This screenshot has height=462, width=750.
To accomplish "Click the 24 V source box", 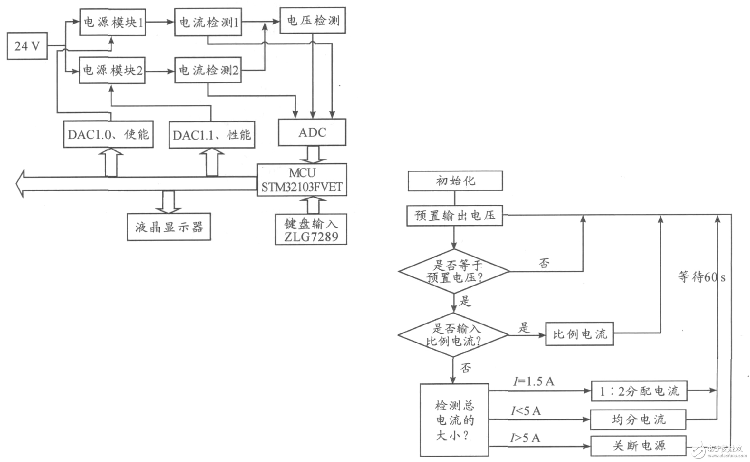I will tap(27, 46).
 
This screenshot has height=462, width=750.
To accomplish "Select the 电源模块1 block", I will tap(113, 22).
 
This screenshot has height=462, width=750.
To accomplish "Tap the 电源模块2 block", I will tap(112, 71).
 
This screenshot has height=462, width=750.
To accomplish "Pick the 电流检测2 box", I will tap(208, 70).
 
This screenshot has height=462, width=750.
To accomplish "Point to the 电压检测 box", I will tap(312, 20).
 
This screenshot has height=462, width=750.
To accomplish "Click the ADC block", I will tap(312, 132).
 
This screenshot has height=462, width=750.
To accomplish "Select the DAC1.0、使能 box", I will tap(108, 135).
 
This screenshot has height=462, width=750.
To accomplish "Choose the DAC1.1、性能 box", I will tap(212, 135).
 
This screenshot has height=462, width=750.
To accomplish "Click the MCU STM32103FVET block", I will tap(302, 180).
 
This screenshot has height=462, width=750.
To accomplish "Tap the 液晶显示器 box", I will tap(169, 227).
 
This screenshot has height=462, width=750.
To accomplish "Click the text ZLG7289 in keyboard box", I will tap(311, 237).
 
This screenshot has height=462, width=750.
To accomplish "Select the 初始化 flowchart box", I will tap(455, 181).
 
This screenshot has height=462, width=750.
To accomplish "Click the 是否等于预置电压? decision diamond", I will tap(454, 271).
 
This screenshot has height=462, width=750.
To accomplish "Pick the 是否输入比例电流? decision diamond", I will tap(453, 335).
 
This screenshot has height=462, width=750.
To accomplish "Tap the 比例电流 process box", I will tap(579, 334).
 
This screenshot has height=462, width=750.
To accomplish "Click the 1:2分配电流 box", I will tap(639, 391).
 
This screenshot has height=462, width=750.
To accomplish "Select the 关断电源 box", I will tap(639, 446).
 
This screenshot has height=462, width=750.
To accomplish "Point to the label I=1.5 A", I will tap(533, 381).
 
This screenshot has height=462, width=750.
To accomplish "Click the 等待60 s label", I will tap(701, 277).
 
